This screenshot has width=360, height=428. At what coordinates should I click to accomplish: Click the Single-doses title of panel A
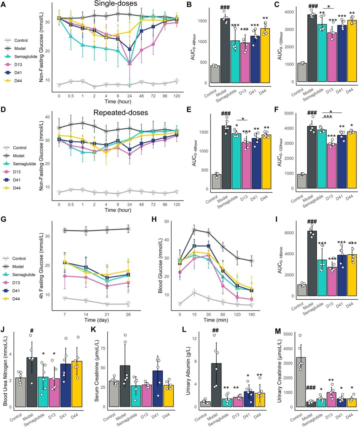[116, 3]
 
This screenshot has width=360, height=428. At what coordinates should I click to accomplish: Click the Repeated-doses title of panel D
[120, 113]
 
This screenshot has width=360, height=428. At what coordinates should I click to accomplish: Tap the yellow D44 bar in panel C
[352, 51]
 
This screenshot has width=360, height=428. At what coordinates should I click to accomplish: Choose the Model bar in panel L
[216, 385]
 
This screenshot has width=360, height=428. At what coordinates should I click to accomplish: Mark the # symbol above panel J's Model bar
[32, 331]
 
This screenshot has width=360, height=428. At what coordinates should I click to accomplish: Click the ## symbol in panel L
[215, 330]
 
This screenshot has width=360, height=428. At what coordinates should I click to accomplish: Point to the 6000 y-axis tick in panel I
[289, 233]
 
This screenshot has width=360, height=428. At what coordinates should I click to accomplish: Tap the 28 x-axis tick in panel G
[128, 314]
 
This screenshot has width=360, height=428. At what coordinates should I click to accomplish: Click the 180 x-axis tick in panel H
[252, 314]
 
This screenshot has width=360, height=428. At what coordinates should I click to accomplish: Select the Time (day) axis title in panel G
[96, 320]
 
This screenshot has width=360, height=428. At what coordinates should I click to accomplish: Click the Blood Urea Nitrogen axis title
[5, 371]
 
